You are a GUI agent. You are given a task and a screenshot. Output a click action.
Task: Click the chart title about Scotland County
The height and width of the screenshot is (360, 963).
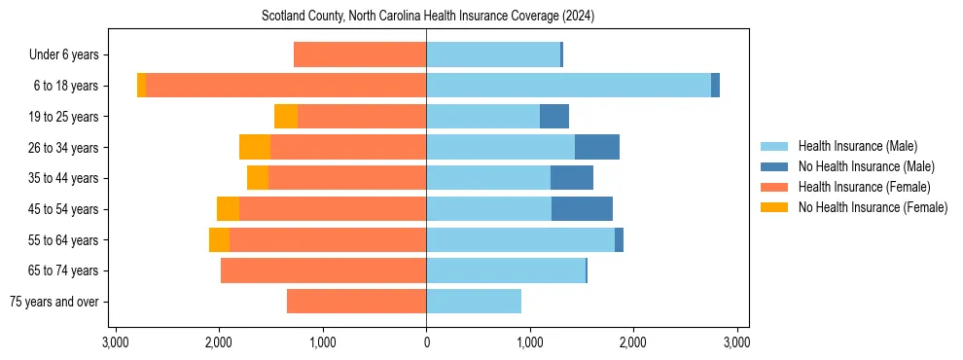pyautogui.click(x=428, y=17)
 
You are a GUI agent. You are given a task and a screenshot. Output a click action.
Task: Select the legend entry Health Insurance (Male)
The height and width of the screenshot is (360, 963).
pyautogui.click(x=857, y=146)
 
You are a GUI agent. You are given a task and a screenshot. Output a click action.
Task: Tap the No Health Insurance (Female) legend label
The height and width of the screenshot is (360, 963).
pyautogui.click(x=873, y=207)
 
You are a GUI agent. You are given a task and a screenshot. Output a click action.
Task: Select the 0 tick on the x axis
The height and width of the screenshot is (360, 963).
pyautogui.click(x=426, y=342)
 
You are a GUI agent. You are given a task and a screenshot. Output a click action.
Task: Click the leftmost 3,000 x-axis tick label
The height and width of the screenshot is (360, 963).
pyautogui.click(x=116, y=342)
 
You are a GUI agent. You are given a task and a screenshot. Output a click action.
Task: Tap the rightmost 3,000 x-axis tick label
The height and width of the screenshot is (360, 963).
pyautogui.click(x=736, y=342)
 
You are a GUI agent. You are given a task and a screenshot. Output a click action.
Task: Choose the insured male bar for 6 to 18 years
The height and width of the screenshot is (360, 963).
pyautogui.click(x=568, y=86)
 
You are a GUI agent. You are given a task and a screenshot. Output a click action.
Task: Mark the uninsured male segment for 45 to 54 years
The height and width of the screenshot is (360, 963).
pyautogui.click(x=582, y=209)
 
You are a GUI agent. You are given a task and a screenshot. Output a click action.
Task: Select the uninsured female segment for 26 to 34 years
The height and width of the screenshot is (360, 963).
pyautogui.click(x=255, y=147)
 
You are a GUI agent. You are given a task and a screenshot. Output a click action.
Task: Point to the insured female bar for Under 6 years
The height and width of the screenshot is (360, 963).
pyautogui.click(x=360, y=55)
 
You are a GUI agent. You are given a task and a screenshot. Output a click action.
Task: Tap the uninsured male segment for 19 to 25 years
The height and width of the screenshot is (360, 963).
pyautogui.click(x=554, y=117)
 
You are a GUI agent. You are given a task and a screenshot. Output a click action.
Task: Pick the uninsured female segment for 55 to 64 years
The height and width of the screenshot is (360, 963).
pyautogui.click(x=219, y=240)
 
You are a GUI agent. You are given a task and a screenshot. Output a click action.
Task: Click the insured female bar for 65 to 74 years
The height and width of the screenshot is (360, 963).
pyautogui.click(x=323, y=270)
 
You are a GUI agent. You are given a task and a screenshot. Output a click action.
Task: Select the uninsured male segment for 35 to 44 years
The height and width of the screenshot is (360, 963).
pyautogui.click(x=572, y=178)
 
